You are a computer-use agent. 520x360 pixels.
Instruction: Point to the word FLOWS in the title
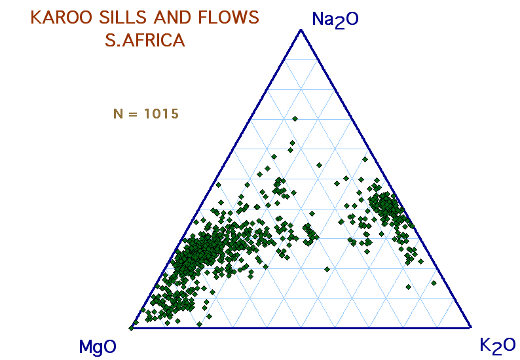pos(229,18)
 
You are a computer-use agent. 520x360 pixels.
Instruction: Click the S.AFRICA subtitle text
pos(145,41)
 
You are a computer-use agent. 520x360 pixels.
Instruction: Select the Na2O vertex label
pos(335,20)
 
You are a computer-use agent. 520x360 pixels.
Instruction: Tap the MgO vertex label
pos(98,347)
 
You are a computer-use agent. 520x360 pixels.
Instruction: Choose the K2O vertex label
pos(498,346)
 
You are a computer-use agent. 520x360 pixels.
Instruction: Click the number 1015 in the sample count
pos(162,114)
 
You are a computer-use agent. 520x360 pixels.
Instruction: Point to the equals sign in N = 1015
pos(133,114)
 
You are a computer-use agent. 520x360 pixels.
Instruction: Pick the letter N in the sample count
pos(118,114)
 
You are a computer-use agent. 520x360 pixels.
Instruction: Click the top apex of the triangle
pos(301,30)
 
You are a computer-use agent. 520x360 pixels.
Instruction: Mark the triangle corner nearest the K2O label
pos(471,327)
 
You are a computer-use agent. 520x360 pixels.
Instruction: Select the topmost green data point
pos(295,118)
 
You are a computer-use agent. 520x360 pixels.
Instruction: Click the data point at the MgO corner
pos(132,328)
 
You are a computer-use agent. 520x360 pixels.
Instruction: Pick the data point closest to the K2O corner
pos(434,283)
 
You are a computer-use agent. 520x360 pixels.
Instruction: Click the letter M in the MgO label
pos(85,346)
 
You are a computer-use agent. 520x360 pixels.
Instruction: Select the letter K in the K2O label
pos(485,344)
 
